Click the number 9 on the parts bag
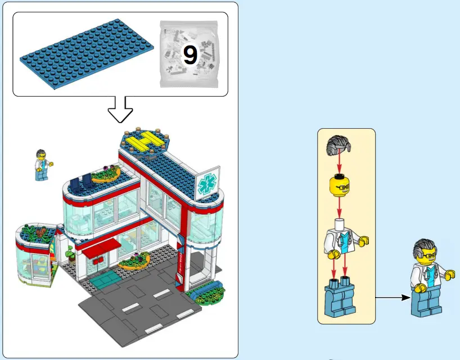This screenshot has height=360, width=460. tap(191, 55)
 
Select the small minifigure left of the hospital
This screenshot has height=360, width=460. tap(41, 165)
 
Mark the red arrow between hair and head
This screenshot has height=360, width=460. tap(339, 165)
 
